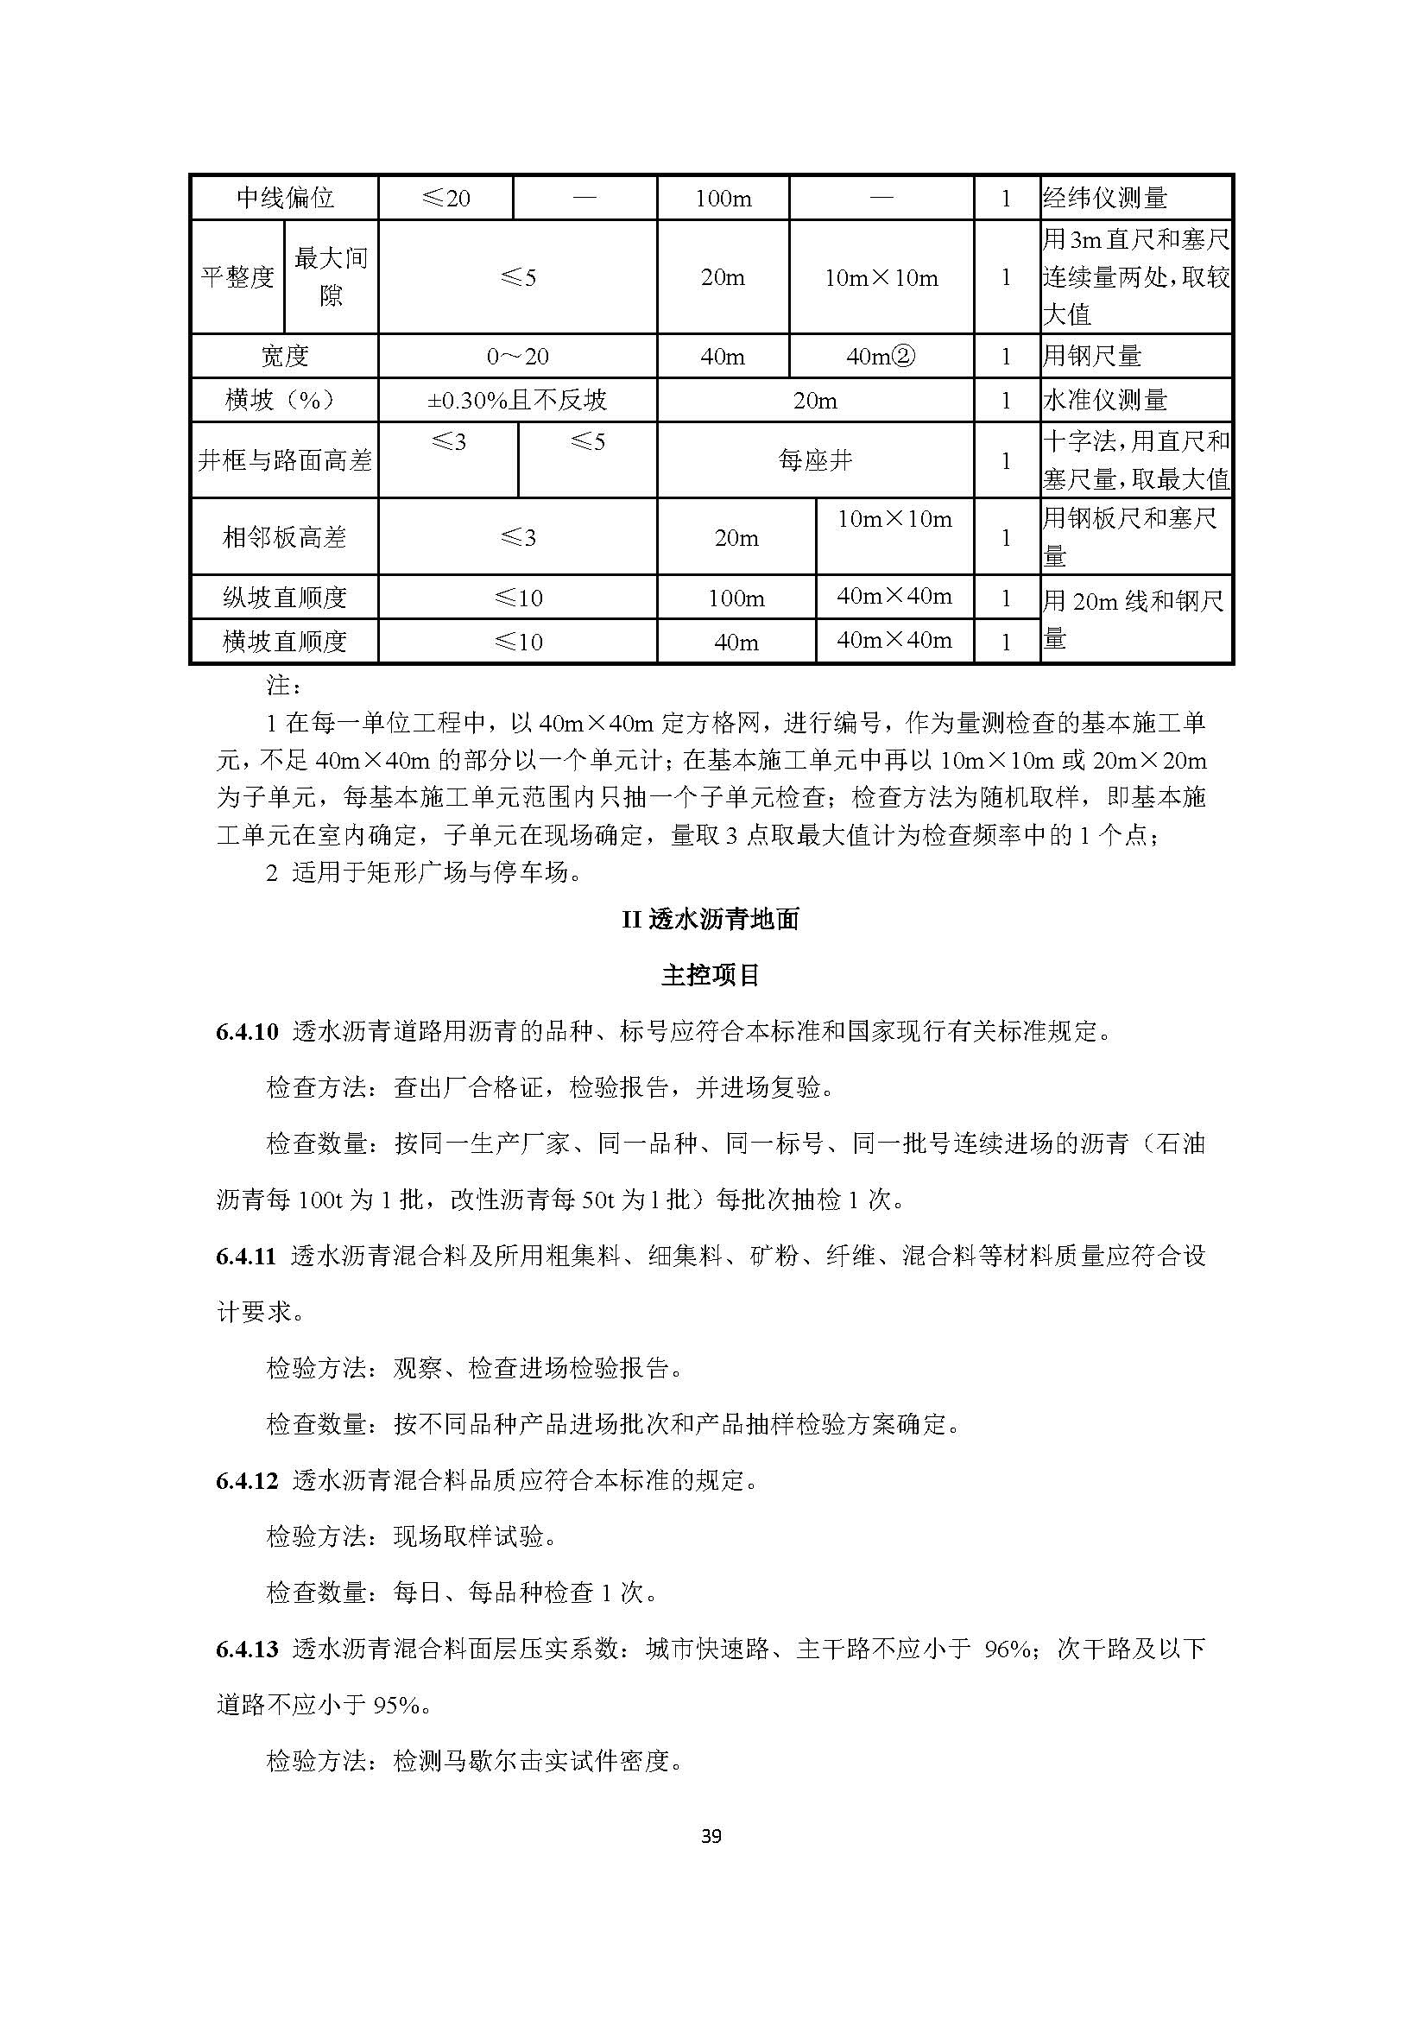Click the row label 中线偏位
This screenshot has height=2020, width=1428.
285,198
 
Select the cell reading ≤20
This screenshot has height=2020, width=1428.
445,198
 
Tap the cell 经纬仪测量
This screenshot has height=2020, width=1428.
1105,198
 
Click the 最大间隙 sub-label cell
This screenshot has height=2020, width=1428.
331,277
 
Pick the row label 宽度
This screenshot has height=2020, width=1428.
285,357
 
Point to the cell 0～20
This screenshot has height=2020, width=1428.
517,357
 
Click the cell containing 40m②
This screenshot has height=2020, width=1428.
881,357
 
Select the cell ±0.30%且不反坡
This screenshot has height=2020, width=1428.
517,402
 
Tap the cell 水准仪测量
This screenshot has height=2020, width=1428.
1105,402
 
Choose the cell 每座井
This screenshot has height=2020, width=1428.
815,460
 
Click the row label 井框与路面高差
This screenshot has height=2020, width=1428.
285,460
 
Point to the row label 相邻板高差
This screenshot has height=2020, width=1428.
285,537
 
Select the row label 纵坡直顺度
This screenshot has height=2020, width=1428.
285,598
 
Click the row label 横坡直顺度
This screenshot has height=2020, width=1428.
285,643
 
